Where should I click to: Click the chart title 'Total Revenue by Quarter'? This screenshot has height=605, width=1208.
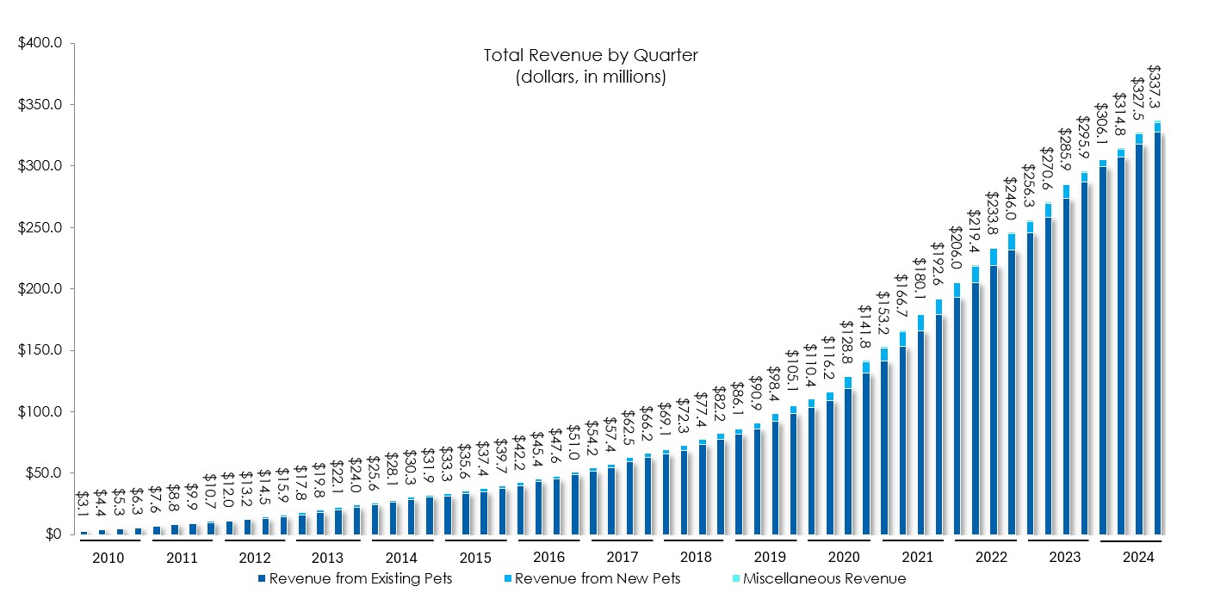(x=590, y=56)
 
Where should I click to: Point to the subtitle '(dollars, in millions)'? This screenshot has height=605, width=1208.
(x=590, y=77)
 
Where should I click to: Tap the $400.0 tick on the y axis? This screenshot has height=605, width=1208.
(x=41, y=44)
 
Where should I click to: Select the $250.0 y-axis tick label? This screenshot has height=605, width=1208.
(x=41, y=228)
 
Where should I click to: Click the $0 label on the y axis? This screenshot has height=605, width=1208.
(x=53, y=534)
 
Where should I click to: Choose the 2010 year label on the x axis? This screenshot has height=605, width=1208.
(x=108, y=558)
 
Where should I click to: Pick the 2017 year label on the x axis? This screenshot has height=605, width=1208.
(x=621, y=558)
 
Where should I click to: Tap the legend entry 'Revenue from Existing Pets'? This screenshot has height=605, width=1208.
(x=361, y=578)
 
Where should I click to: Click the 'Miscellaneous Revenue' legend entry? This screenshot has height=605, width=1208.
(x=824, y=578)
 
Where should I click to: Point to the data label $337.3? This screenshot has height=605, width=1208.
(x=1155, y=87)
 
